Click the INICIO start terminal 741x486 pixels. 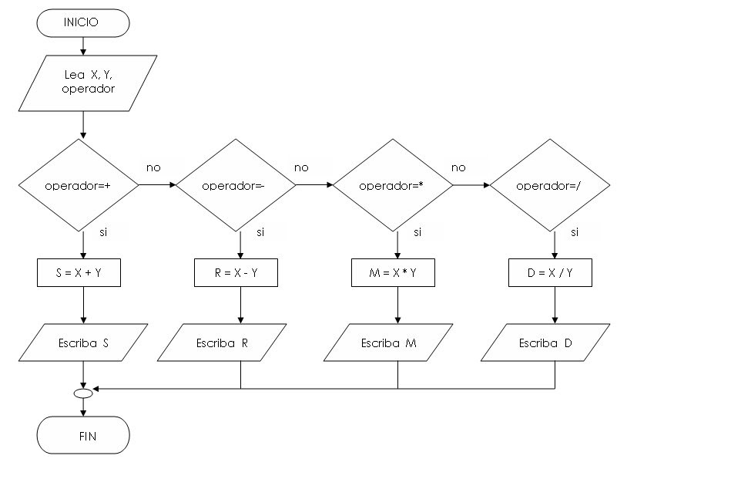(82, 23)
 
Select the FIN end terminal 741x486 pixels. (83, 436)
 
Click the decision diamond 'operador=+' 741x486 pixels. (79, 185)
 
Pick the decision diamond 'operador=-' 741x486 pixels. (236, 185)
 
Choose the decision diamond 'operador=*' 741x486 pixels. (394, 185)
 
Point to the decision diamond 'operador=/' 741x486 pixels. (550, 185)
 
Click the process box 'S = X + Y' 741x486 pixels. (79, 273)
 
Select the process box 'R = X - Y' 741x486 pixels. (236, 273)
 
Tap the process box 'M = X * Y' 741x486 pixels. (394, 273)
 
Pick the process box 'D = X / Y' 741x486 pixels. (550, 273)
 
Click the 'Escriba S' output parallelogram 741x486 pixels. (83, 343)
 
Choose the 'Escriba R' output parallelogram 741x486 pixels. (222, 343)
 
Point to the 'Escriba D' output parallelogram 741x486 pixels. (545, 343)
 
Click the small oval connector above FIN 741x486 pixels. (83, 393)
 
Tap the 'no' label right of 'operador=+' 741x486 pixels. (153, 167)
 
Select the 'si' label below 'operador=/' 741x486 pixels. (575, 231)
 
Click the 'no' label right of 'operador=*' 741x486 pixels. (458, 167)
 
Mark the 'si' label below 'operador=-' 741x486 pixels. (260, 231)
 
